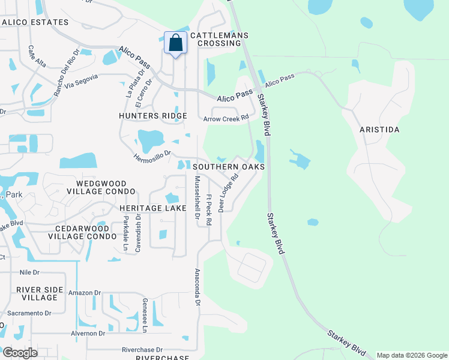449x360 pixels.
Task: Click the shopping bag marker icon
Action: (x=175, y=43)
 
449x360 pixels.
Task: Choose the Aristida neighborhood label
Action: (x=379, y=130)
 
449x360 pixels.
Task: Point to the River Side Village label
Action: (x=40, y=293)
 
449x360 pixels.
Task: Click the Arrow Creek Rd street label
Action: (x=225, y=119)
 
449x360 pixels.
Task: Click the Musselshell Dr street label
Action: (x=197, y=197)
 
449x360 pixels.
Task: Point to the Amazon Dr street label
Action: (x=85, y=293)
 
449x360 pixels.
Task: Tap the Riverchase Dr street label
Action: (x=142, y=350)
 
